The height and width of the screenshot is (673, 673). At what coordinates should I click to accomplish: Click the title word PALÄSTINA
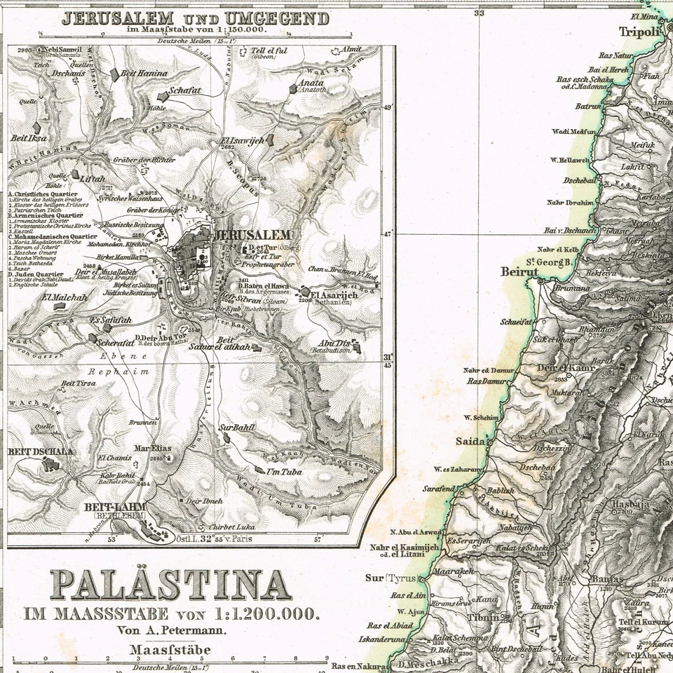(171, 585)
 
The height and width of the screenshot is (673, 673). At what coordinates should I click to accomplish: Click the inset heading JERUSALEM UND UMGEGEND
(195, 18)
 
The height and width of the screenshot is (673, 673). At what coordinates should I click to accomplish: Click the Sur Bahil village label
(237, 427)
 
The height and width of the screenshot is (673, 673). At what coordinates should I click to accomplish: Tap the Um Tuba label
(283, 472)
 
